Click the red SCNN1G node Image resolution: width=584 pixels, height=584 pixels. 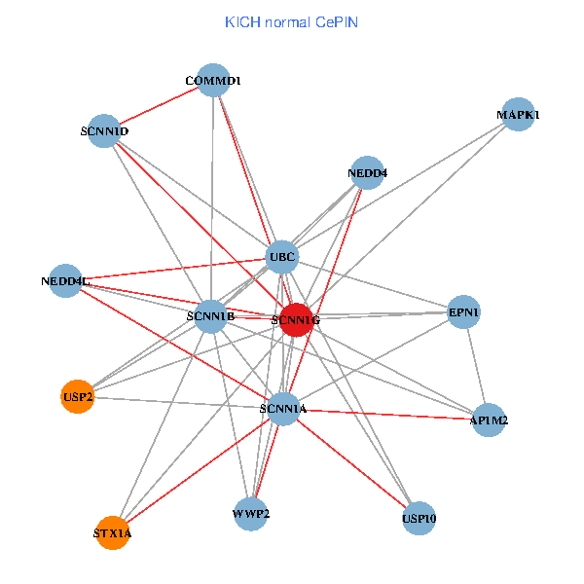(x=296, y=319)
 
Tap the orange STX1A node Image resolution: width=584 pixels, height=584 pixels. (x=113, y=533)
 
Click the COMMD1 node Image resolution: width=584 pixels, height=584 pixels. (x=213, y=80)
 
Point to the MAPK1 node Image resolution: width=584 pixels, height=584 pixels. (x=517, y=115)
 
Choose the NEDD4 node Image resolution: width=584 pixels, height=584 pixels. (x=366, y=173)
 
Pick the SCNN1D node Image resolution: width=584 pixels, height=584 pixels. (x=104, y=130)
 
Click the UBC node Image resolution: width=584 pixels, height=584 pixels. (x=282, y=257)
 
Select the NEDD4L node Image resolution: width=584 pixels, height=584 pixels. (x=65, y=280)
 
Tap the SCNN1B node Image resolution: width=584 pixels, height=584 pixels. (x=210, y=316)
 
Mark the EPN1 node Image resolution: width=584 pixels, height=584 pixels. (x=463, y=312)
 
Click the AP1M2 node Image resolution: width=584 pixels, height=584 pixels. (x=488, y=420)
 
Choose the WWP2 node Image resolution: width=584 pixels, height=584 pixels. (x=251, y=513)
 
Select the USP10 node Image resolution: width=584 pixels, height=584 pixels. (x=419, y=518)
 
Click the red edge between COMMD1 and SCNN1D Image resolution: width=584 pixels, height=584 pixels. (x=159, y=105)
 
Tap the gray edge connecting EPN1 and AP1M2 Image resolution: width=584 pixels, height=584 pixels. (x=476, y=366)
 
